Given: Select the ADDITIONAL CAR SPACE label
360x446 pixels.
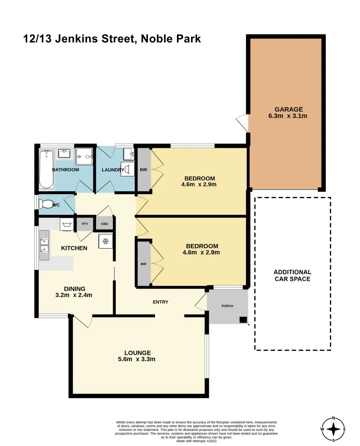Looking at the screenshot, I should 293,275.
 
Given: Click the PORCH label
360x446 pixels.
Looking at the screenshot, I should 227,306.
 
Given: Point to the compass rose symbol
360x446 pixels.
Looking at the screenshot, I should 333,429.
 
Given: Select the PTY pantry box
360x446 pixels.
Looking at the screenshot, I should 85,224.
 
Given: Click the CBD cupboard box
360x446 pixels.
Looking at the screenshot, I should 104,224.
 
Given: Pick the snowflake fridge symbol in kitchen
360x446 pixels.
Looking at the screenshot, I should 105,241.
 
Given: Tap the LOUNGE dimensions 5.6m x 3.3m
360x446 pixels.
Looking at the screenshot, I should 138,359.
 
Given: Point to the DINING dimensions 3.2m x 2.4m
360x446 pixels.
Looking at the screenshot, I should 74,295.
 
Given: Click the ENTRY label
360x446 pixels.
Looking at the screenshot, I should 160,302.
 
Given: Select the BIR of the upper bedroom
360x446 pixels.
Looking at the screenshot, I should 144,170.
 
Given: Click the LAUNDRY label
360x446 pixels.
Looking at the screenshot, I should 113,170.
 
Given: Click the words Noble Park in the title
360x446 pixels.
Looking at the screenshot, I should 171,39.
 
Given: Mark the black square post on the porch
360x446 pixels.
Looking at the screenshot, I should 243,319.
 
